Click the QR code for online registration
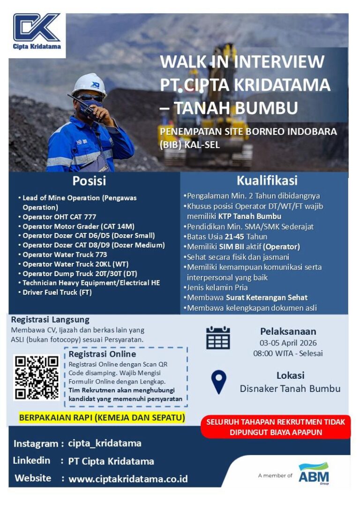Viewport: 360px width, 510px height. point(37,377)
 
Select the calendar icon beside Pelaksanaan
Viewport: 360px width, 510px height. point(218,337)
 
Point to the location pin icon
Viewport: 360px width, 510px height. point(218,382)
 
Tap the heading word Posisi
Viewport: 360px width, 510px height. point(89,181)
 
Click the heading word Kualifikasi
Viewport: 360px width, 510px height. point(267,180)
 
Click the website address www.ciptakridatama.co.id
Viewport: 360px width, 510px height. point(128,479)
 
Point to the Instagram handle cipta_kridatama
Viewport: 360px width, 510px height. point(105,443)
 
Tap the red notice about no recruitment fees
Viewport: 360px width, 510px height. point(276,427)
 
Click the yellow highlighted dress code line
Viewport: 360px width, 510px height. point(102,417)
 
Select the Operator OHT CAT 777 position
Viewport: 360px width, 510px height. point(60,217)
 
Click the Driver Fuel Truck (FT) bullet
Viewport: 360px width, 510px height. point(57,292)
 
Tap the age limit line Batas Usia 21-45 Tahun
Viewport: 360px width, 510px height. point(227,237)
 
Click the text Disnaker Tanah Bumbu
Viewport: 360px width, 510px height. point(290,389)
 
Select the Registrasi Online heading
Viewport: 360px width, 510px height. point(102,354)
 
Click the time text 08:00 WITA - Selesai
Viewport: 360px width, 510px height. point(288,353)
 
